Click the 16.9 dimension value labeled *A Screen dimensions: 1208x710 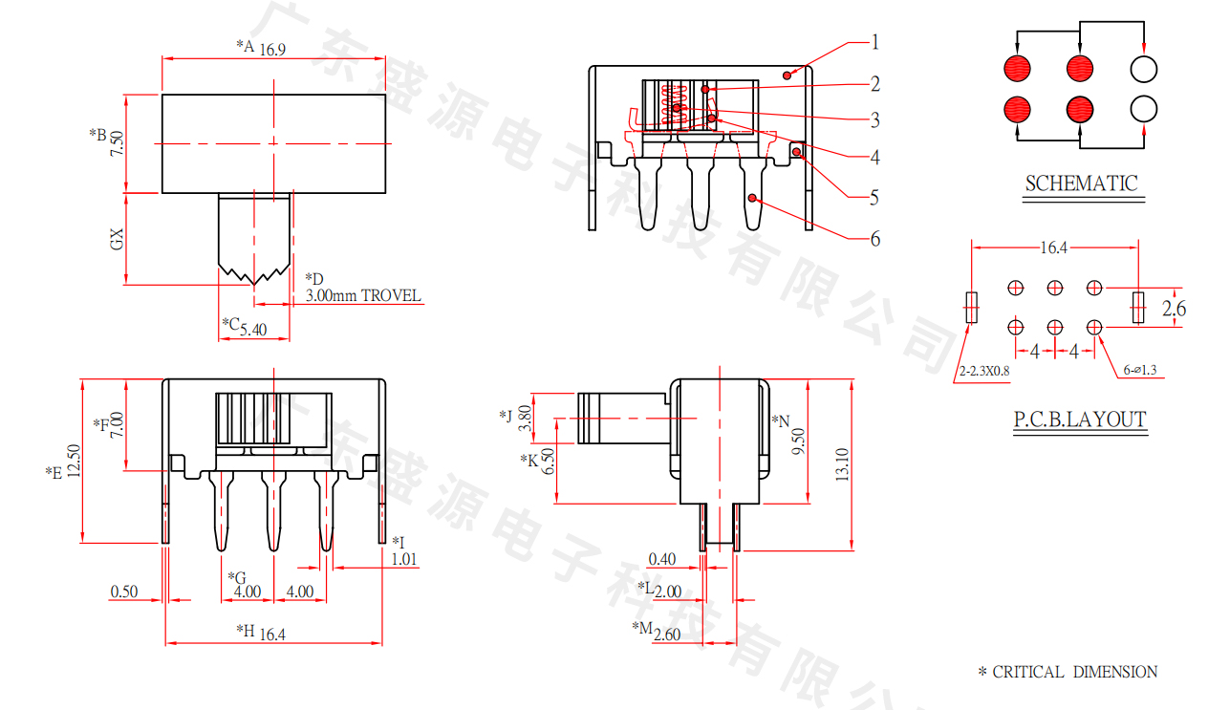point(272,50)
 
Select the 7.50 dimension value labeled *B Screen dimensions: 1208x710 point(117,143)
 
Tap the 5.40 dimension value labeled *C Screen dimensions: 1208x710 point(253,330)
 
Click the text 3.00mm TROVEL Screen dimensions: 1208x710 point(363,295)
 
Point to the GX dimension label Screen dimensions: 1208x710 point(117,239)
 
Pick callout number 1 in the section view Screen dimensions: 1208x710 point(875,42)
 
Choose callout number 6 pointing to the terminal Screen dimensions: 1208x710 point(875,238)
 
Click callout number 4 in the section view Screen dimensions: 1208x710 point(875,157)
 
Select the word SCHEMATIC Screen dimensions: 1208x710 point(1081,183)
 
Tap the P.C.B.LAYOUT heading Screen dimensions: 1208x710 point(1080,419)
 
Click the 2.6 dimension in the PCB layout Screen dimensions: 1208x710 point(1174,309)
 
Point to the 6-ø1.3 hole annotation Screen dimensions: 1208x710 point(1140,370)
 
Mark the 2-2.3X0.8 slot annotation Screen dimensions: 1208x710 point(984,371)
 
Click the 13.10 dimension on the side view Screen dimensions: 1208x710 point(842,464)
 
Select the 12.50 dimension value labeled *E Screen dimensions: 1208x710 point(74,461)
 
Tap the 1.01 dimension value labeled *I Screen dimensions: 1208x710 point(404,560)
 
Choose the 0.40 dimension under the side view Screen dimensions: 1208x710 point(662,560)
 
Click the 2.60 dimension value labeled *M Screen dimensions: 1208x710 point(667,635)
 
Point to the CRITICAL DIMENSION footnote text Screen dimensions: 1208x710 point(1075,672)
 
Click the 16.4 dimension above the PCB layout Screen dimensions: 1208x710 point(1054,248)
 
